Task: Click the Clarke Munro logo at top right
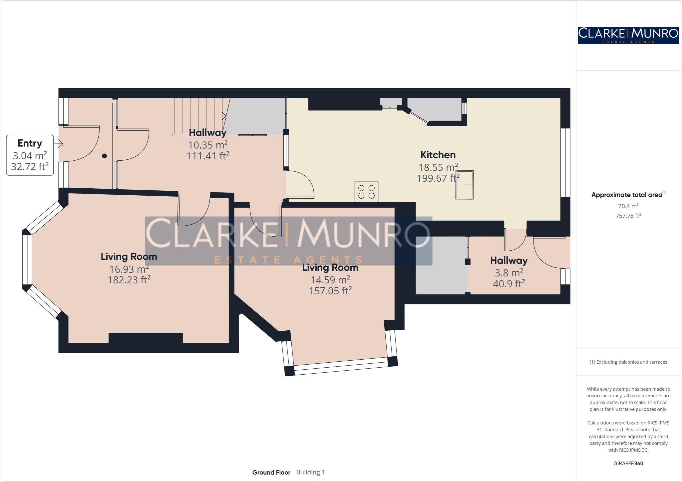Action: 628,35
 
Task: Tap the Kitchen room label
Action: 438,155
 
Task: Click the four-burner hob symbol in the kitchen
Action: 366,192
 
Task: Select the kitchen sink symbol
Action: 465,185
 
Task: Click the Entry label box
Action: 30,155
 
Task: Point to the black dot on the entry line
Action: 105,156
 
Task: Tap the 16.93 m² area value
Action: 129,269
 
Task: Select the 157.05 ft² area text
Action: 330,291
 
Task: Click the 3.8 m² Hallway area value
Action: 509,273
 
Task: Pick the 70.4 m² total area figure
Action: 628,206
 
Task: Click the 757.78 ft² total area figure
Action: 628,216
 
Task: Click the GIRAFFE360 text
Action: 628,463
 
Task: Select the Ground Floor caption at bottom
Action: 271,472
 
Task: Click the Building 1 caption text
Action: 310,472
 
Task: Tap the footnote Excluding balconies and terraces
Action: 628,362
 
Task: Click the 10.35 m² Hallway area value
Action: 208,145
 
